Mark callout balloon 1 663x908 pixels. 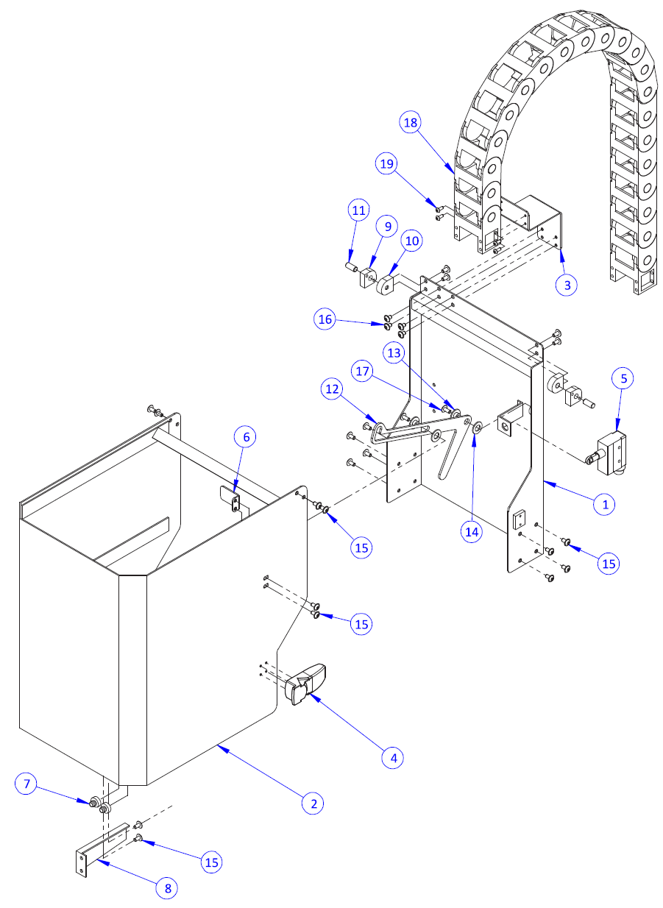[605, 504]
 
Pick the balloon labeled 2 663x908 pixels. [313, 803]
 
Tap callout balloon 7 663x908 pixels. [26, 785]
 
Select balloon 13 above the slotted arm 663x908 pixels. [394, 353]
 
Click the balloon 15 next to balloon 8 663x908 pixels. [212, 862]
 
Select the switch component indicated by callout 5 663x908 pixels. [613, 450]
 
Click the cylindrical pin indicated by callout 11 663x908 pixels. [351, 262]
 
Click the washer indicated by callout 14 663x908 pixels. [477, 426]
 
